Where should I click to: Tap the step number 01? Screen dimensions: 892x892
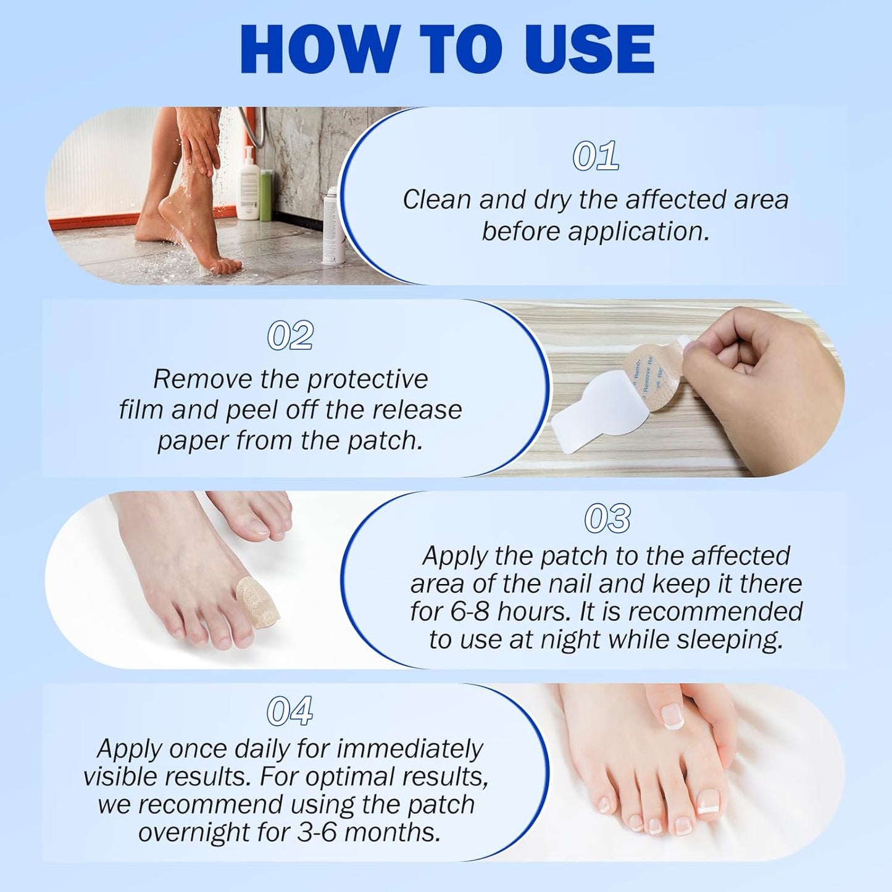595,156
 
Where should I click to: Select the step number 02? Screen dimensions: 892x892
290,336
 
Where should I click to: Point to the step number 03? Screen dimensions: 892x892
607,519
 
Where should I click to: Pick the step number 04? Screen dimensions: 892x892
290,711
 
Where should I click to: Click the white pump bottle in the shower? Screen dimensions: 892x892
248,185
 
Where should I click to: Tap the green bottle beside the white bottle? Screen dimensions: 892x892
266,196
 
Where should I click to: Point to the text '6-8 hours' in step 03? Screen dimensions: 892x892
508,612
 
